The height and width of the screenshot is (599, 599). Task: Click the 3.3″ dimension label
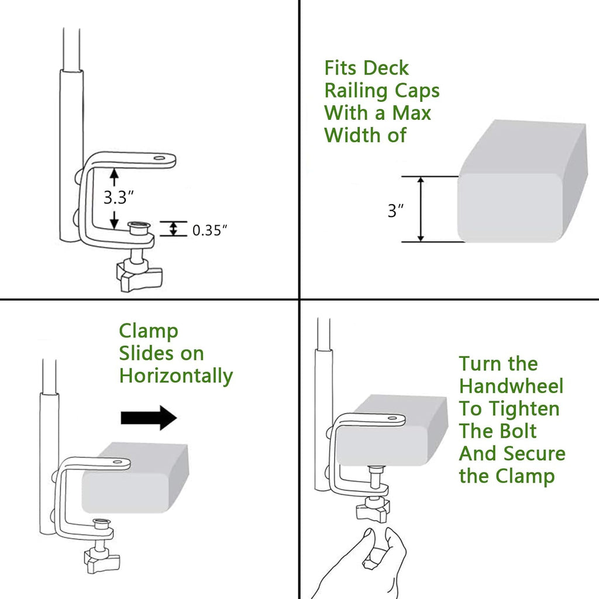click(x=119, y=197)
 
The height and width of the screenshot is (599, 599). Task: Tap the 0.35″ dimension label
click(x=210, y=230)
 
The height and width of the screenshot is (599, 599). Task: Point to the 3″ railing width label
click(x=396, y=211)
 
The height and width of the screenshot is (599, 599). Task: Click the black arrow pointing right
click(x=149, y=418)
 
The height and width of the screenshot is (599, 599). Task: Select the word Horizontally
click(x=176, y=376)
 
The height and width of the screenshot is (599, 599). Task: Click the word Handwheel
click(x=511, y=386)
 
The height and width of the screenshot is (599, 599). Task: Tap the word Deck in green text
click(x=386, y=68)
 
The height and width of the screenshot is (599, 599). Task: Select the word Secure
click(x=533, y=454)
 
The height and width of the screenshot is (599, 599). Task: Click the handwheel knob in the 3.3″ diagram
click(x=139, y=274)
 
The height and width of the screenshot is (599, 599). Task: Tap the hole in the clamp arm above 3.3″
click(x=160, y=157)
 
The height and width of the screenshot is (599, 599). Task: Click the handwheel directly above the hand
click(x=373, y=510)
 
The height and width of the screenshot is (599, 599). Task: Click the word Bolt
click(x=515, y=431)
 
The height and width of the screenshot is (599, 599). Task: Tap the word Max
click(x=411, y=113)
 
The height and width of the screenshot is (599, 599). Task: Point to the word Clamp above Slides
click(x=149, y=332)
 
